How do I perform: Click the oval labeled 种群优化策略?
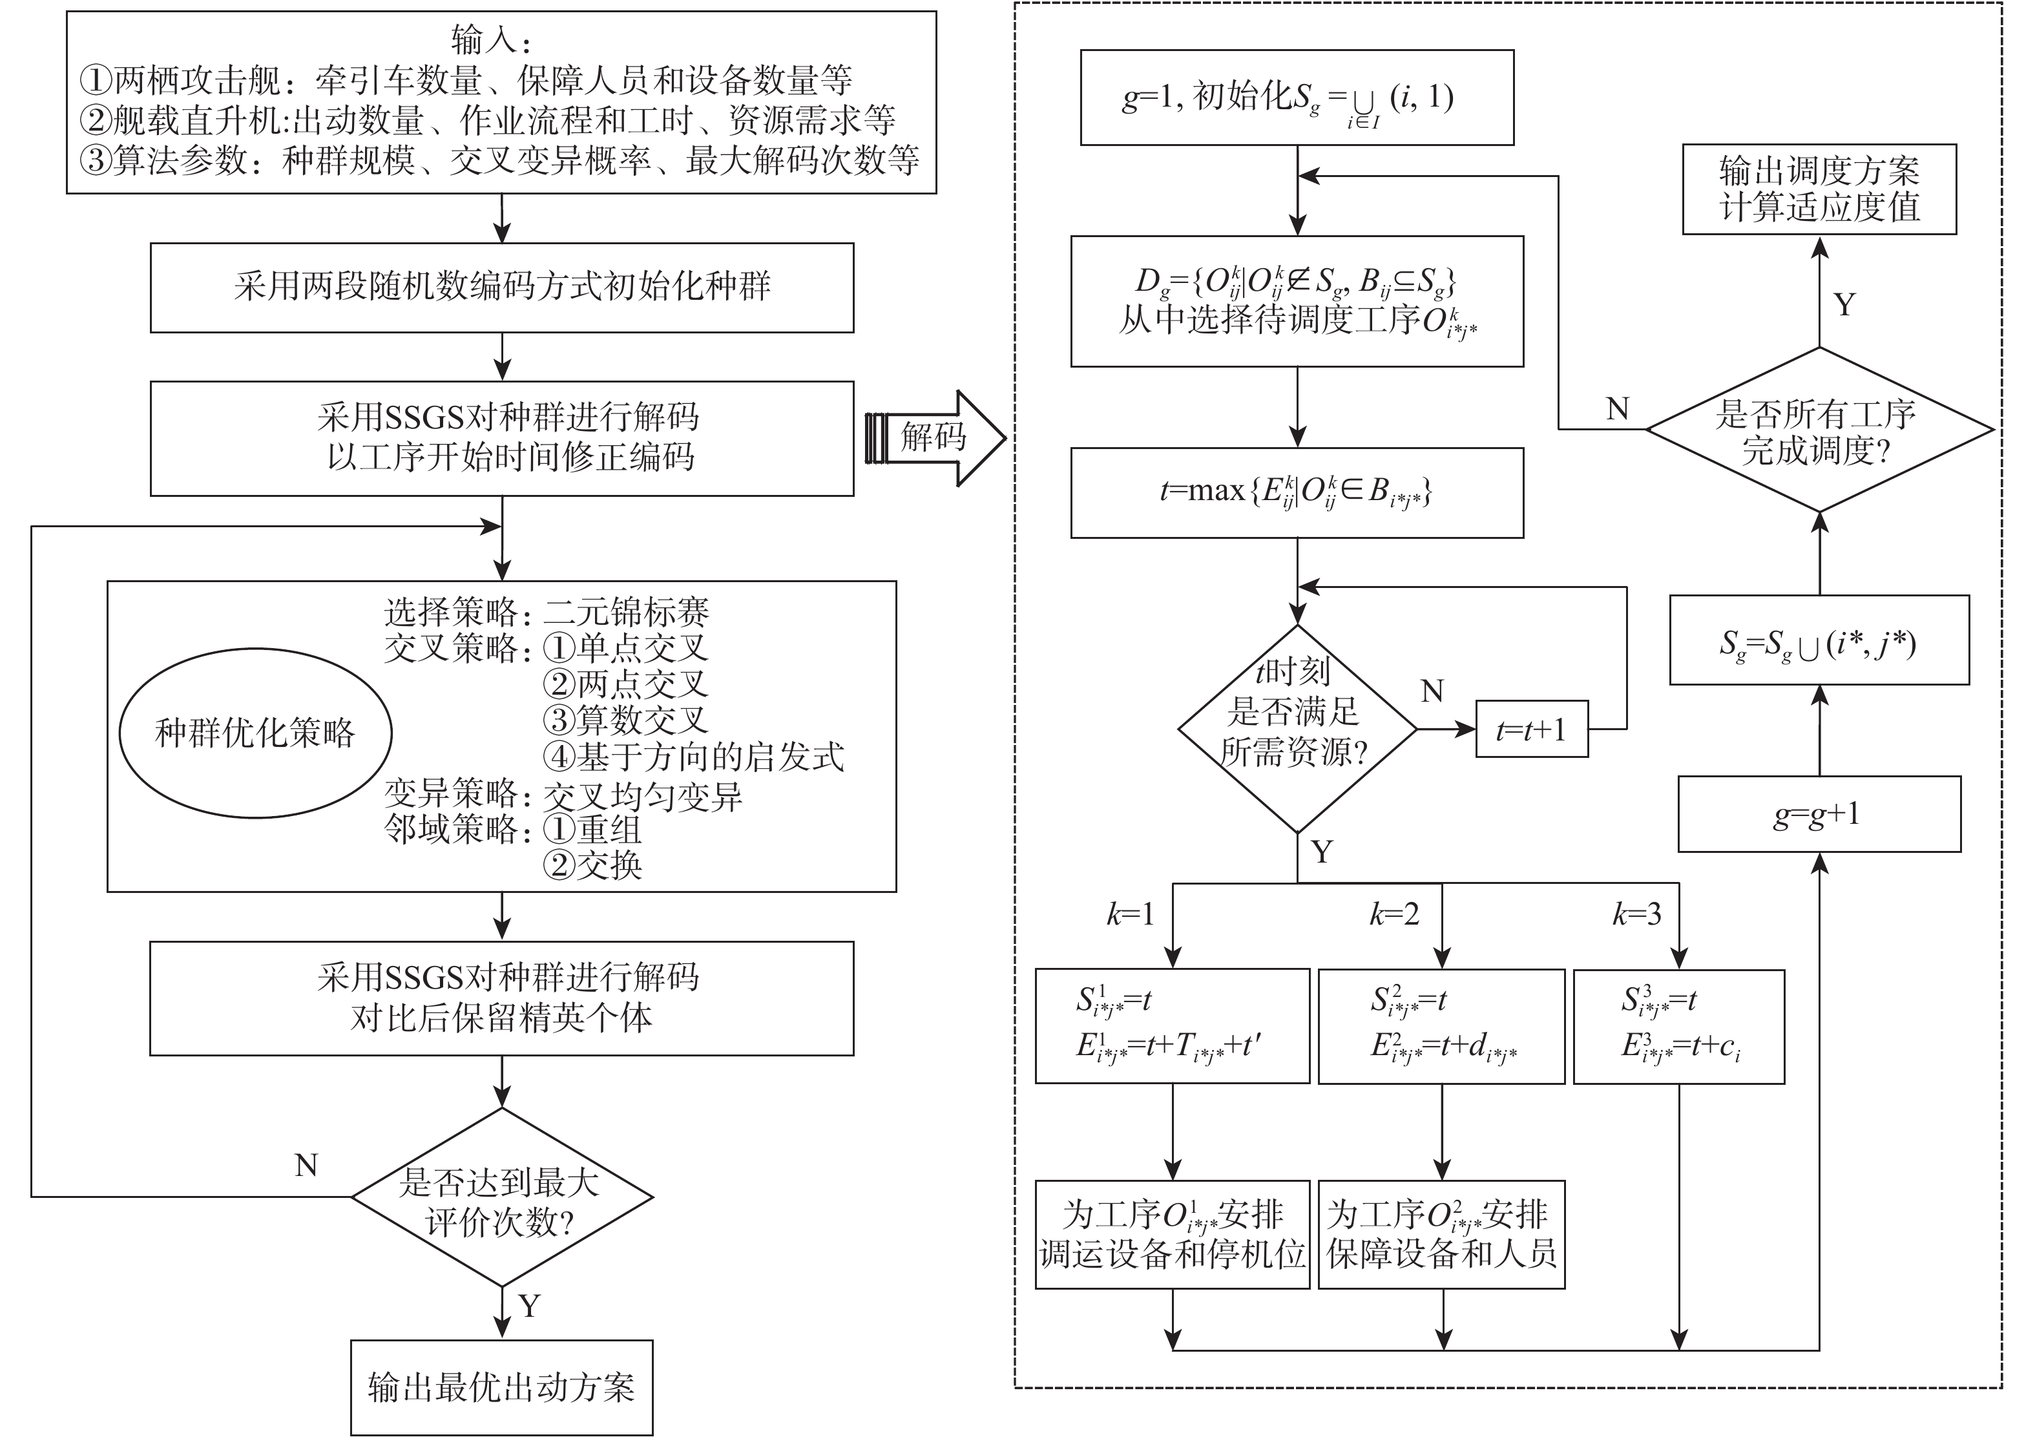255,734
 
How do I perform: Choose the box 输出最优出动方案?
502,1387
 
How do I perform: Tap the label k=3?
1636,915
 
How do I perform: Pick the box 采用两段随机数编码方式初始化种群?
502,288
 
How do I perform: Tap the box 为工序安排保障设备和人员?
1441,1234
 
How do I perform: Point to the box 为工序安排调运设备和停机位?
1172,1234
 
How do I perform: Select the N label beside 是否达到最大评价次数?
306,1165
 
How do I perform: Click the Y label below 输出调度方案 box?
1844,305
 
